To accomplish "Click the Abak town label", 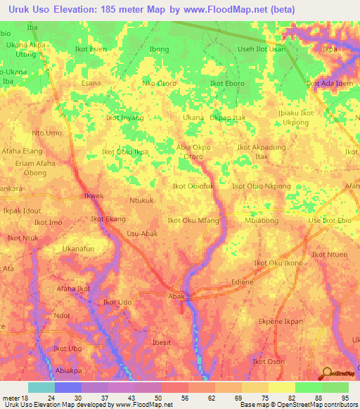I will [176, 297].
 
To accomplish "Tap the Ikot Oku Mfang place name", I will [193, 221].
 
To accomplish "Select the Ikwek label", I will [94, 196].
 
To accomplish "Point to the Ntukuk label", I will [141, 200].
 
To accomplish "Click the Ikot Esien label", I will [91, 49].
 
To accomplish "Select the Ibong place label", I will [160, 49].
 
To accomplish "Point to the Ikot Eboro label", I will [227, 83].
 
